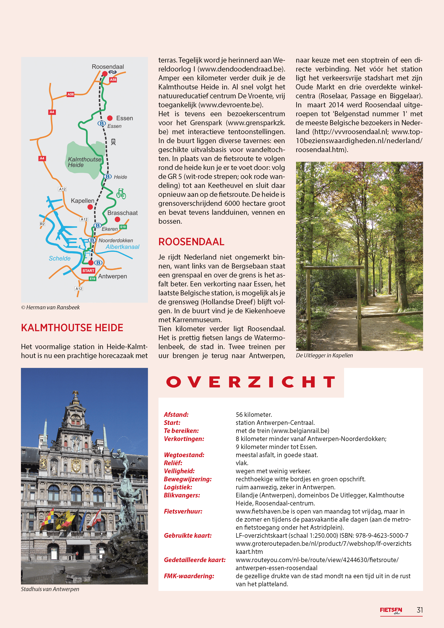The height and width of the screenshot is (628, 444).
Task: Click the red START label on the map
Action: pos(88,270)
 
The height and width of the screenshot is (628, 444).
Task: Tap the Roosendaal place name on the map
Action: pos(108,67)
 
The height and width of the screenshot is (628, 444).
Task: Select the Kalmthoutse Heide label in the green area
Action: pos(84,162)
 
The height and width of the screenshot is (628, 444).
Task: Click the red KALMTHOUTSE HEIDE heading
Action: pos(72,328)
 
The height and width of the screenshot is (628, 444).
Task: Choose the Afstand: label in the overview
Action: pos(176,414)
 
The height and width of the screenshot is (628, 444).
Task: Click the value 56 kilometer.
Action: pos(254,414)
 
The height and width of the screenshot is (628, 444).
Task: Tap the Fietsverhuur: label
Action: pos(183,511)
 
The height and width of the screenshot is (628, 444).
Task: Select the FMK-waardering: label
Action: pos(189,576)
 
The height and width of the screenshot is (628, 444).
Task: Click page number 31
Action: pos(419,610)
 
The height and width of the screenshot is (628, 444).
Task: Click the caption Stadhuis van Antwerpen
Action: pos(50,589)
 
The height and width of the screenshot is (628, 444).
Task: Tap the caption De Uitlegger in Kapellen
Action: pos(324,355)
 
